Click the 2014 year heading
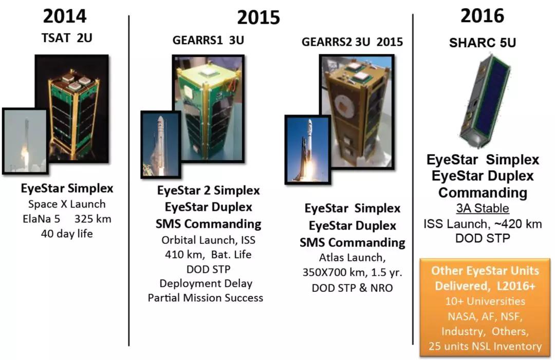point(65,16)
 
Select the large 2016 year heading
point(482,16)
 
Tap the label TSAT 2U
point(67,38)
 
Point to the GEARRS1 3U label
point(208,40)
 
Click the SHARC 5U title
point(483,43)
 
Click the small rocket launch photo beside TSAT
point(25,141)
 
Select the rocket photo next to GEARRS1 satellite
point(161,144)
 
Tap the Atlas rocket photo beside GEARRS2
point(308,149)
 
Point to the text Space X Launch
point(67,204)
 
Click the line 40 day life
point(67,234)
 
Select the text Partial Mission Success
point(205,298)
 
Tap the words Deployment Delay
point(206,283)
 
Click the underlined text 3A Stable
point(483,209)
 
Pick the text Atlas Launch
point(352,258)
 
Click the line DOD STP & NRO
point(352,288)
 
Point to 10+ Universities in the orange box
point(485,301)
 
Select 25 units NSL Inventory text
point(485,346)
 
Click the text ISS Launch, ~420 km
point(483,224)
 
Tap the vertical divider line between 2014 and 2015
point(129,180)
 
